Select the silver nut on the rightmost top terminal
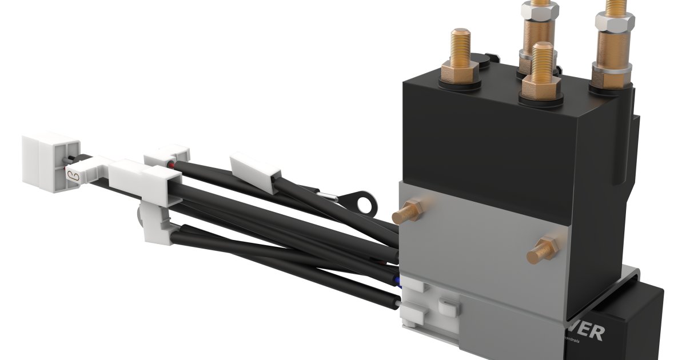point(615,22)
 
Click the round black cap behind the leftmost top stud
point(484,60)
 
